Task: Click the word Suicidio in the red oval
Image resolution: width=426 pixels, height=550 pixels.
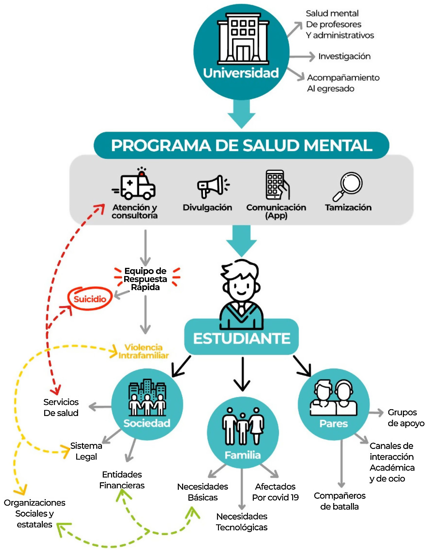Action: (90, 299)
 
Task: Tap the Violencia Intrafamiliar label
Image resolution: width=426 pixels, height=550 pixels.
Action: (144, 351)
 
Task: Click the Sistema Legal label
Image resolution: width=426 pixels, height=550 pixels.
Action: (86, 451)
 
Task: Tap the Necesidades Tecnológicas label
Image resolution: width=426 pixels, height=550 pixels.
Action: (242, 522)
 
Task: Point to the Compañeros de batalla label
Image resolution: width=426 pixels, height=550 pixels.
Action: (339, 501)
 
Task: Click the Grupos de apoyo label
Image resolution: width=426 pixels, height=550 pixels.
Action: (405, 418)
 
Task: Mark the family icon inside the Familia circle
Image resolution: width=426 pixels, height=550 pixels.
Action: (243, 426)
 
